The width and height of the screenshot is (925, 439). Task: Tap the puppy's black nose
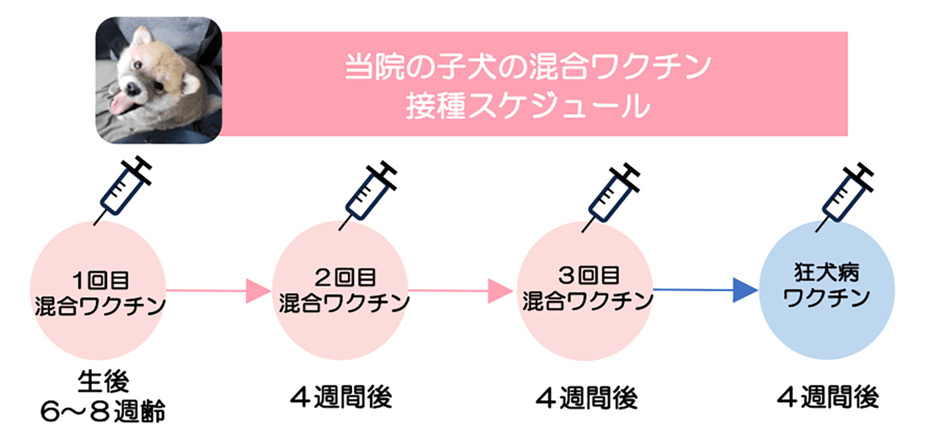[131, 88]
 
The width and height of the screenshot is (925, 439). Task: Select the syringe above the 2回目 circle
[368, 193]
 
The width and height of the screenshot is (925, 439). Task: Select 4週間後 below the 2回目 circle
[342, 397]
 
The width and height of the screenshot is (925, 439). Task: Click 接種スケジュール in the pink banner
[527, 106]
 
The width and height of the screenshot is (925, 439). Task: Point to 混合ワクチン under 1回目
[99, 308]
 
